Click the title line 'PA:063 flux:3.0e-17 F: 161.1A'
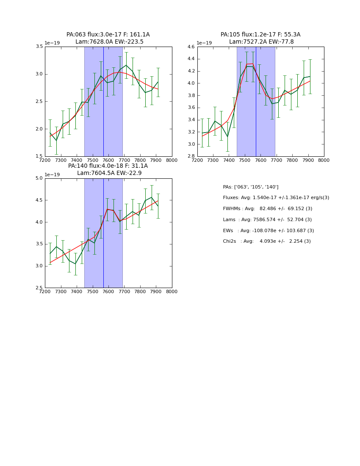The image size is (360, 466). click(x=108, y=35)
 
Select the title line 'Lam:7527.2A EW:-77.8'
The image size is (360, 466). click(x=261, y=42)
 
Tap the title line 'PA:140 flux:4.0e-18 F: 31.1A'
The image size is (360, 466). click(x=108, y=166)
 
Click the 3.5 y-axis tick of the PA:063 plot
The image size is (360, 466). click(x=39, y=47)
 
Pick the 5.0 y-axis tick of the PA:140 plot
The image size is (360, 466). click(x=39, y=178)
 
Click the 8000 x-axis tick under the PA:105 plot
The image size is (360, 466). click(x=324, y=161)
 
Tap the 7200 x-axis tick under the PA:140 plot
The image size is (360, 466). click(x=45, y=292)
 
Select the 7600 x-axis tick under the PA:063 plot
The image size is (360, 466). click(x=108, y=161)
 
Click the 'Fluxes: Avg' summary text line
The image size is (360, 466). click(x=276, y=198)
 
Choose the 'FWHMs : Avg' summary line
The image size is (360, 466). click(x=267, y=209)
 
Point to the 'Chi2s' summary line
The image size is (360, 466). click(x=267, y=241)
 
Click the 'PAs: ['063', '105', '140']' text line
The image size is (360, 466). click(x=251, y=187)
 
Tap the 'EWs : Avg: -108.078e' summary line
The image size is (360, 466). click(x=269, y=231)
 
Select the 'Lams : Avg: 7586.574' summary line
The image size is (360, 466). click(x=267, y=220)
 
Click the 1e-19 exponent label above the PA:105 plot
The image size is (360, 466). click(x=204, y=43)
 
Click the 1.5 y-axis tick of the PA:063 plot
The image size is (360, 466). click(x=39, y=156)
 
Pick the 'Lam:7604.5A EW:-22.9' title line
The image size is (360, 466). click(x=109, y=173)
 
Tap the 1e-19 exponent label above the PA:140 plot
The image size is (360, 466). click(x=52, y=175)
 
